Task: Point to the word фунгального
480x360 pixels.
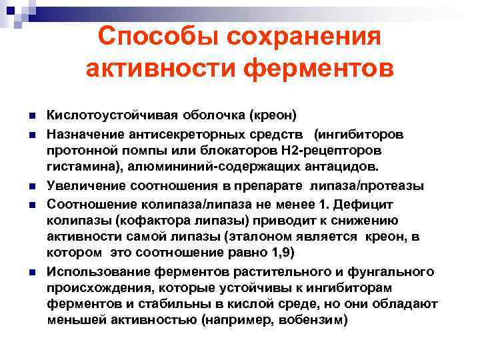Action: [x=395, y=271]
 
